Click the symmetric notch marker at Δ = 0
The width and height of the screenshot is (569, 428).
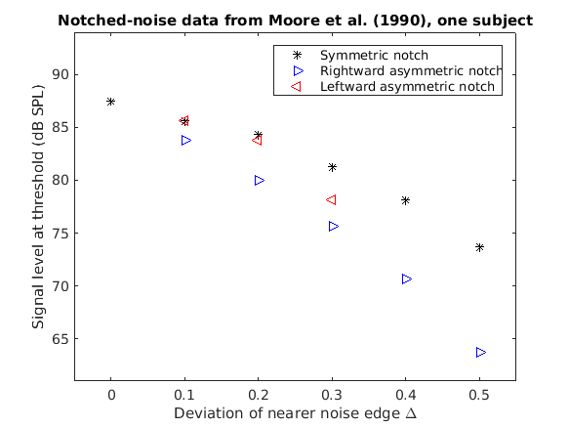pos(111,102)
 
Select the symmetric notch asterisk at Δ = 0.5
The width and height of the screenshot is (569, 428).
pos(480,247)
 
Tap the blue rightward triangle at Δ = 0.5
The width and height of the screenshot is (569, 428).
pos(480,352)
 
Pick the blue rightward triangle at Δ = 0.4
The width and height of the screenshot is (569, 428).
pos(406,278)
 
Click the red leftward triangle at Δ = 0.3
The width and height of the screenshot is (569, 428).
pos(331,199)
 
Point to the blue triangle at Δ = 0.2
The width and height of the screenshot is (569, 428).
pos(259,180)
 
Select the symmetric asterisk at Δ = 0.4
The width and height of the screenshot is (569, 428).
pos(406,200)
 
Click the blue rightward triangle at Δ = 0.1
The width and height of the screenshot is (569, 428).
pos(185,140)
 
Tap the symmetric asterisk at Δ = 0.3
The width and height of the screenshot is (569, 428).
pos(332,167)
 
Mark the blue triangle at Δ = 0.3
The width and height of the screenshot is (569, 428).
pos(333,226)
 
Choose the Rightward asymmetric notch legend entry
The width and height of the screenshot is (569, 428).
pos(411,71)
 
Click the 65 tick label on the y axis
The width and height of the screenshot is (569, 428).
pos(59,340)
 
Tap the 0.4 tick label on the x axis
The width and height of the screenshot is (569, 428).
pos(406,394)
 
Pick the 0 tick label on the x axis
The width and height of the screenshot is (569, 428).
pos(111,394)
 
